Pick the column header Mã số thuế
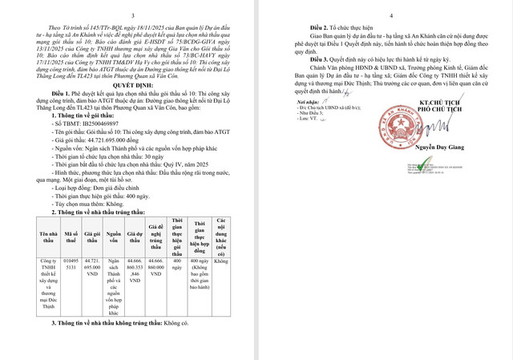click(x=70, y=237)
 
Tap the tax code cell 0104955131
click(x=70, y=265)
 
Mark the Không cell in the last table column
click(x=221, y=261)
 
